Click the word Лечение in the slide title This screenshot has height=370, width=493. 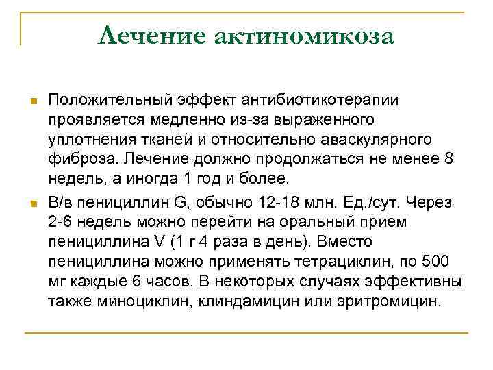coord(152,36)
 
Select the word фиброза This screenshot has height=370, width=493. coord(78,160)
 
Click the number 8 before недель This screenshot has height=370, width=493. coord(448,160)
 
